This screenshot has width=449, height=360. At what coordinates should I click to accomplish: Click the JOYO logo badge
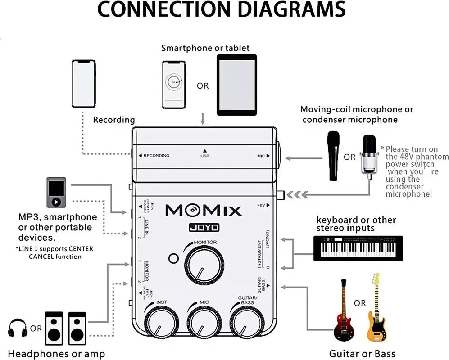tap(204, 228)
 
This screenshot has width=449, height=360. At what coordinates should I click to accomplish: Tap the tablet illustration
tap(236, 85)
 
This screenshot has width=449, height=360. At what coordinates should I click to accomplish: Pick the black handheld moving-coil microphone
tap(333, 155)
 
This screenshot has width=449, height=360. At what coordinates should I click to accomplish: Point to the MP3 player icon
tap(56, 193)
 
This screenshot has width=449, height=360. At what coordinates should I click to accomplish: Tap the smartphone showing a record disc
tap(175, 84)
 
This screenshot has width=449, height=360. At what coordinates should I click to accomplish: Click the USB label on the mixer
tap(204, 156)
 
